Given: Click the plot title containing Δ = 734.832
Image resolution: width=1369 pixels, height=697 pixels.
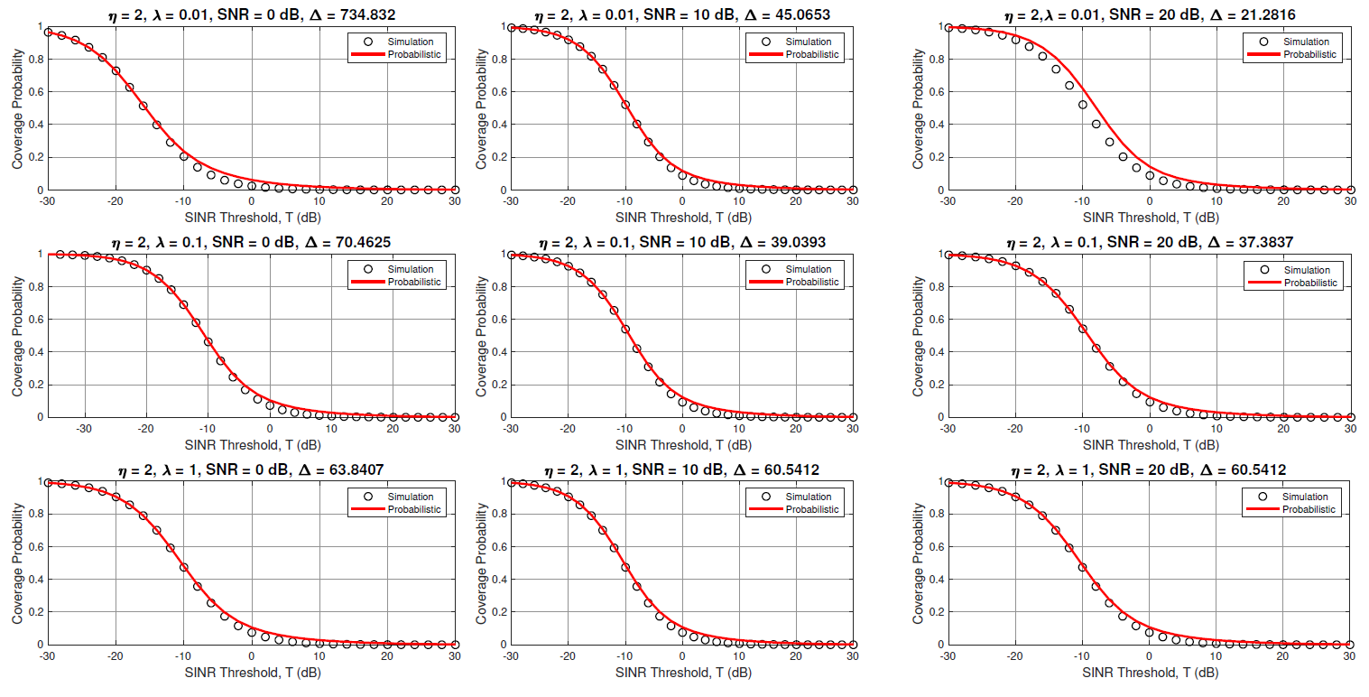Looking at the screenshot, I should pyautogui.click(x=251, y=14).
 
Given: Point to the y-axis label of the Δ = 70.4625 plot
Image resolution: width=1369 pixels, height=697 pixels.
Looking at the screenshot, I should pyautogui.click(x=18, y=336).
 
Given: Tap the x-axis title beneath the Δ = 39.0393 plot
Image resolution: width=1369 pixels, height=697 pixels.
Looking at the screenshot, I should pyautogui.click(x=682, y=444).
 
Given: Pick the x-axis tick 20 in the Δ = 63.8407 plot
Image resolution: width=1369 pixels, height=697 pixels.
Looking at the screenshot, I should pyautogui.click(x=386, y=657).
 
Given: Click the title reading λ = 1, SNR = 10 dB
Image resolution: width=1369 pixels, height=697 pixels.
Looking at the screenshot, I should pyautogui.click(x=682, y=469).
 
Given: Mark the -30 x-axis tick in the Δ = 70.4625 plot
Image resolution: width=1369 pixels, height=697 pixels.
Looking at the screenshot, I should pyautogui.click(x=84, y=430).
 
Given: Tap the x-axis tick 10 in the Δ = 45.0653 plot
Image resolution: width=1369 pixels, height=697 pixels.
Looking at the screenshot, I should pyautogui.click(x=738, y=202).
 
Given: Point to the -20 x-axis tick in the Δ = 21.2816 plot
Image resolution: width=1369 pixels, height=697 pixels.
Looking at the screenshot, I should pyautogui.click(x=1014, y=202).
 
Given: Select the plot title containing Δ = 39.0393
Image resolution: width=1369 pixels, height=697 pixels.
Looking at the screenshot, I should pyautogui.click(x=682, y=242).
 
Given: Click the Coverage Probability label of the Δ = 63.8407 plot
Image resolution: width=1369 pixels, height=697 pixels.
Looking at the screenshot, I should pyautogui.click(x=18, y=563).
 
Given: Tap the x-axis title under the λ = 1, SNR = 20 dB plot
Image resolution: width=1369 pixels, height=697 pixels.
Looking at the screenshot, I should pyautogui.click(x=1149, y=672).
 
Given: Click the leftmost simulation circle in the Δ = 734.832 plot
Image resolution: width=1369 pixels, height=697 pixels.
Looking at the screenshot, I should pyautogui.click(x=49, y=32).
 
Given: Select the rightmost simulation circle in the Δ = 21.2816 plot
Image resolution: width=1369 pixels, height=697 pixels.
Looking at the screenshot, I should pyautogui.click(x=1350, y=190).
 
